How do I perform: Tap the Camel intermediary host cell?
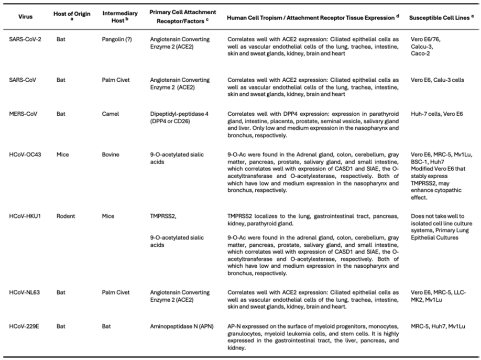point(112,113)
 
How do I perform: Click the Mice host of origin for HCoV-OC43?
point(63,155)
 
